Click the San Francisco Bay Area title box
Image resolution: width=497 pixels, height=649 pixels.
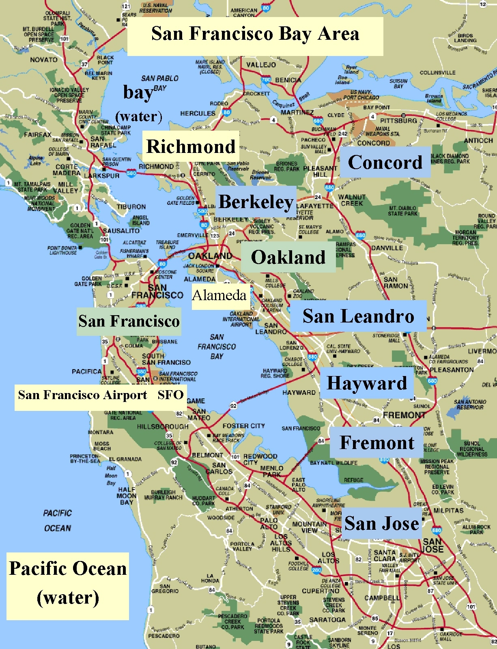[255, 34]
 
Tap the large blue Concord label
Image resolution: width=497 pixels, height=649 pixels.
[385, 162]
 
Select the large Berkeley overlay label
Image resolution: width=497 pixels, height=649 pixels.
[256, 202]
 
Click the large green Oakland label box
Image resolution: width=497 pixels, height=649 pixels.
[288, 257]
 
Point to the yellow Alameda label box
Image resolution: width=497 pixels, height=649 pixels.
[219, 295]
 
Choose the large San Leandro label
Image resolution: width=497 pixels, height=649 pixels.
[358, 316]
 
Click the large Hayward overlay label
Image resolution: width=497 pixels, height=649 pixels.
[367, 383]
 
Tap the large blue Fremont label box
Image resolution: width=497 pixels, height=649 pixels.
[377, 443]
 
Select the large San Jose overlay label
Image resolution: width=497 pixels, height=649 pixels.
[381, 523]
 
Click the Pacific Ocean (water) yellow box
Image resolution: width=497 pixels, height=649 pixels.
[68, 583]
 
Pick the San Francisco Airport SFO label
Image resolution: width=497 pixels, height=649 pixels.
[100, 395]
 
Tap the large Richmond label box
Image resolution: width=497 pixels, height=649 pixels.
[191, 146]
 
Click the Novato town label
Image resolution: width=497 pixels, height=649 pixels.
[43, 60]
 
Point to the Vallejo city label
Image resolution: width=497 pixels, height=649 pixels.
[261, 64]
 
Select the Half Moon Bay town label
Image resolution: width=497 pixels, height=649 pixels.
[126, 496]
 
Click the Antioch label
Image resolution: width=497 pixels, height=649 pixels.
[478, 140]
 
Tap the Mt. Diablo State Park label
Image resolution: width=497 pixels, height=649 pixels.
[402, 211]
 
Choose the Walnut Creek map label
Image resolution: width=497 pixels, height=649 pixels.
[352, 200]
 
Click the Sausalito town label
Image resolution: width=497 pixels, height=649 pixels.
[121, 231]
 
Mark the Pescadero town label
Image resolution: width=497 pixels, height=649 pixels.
[164, 636]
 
